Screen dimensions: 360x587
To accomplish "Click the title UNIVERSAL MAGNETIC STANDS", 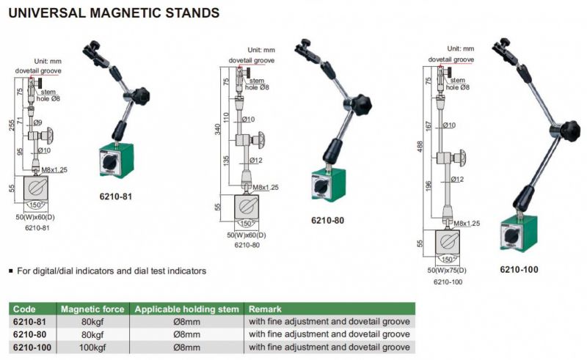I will coord(113,12).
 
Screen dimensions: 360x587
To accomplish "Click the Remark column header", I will coord(266,309).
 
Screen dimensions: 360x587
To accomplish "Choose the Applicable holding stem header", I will coord(186,309).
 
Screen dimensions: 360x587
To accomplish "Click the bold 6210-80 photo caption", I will coord(327,220).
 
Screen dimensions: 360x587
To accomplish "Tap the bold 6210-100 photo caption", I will coord(519,269).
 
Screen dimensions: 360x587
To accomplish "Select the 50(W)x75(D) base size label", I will coord(447,272).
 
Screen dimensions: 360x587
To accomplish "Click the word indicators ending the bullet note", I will coord(185,271).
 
